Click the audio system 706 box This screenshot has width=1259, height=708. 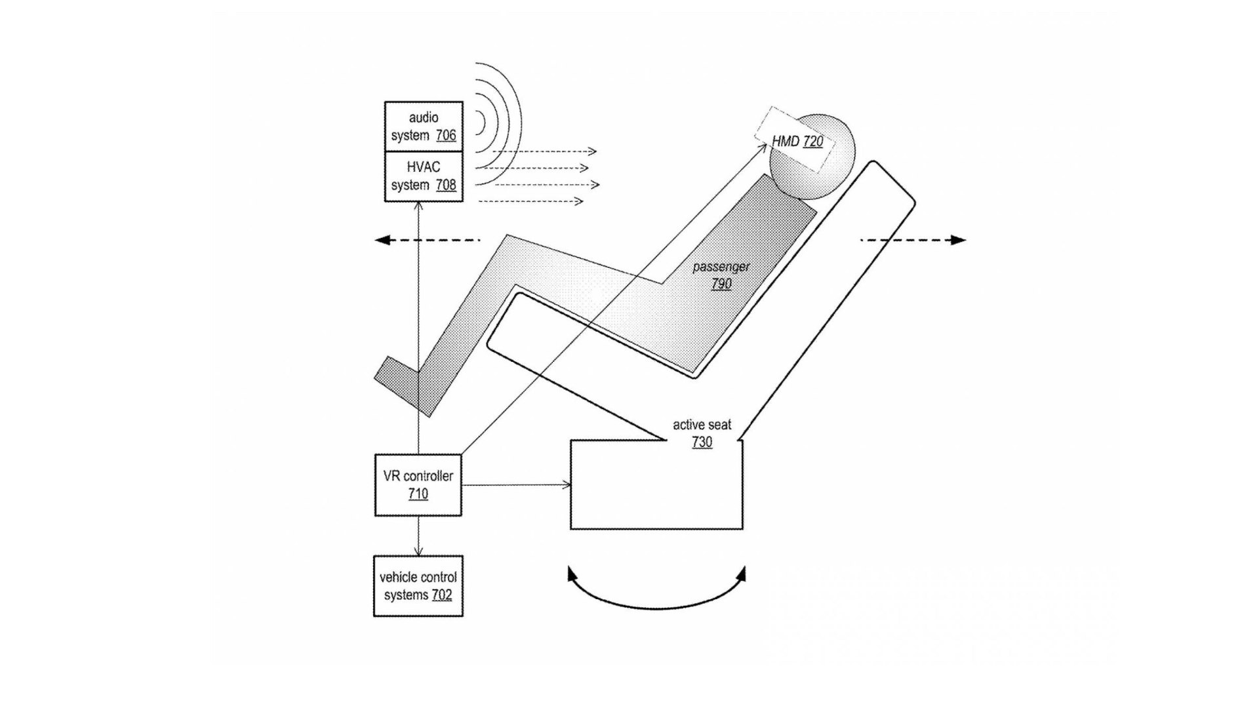[424, 126]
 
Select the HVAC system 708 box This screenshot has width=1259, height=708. [424, 176]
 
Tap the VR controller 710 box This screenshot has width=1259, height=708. [418, 484]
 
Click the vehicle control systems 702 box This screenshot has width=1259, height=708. [418, 585]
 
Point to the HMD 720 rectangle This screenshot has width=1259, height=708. [795, 140]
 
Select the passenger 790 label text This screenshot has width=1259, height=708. [721, 275]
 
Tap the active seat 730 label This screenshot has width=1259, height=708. [702, 433]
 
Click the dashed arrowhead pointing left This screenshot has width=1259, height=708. [382, 240]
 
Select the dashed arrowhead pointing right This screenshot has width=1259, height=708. [959, 240]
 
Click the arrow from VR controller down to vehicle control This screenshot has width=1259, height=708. [418, 536]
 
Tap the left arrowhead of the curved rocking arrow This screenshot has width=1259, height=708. [572, 575]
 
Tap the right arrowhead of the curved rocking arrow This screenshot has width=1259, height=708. [742, 575]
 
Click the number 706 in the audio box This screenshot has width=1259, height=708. [446, 135]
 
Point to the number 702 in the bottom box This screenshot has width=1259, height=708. [442, 595]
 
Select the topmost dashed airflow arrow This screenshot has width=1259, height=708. [544, 151]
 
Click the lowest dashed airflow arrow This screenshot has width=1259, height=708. [531, 201]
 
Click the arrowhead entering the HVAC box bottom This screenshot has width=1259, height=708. [418, 206]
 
